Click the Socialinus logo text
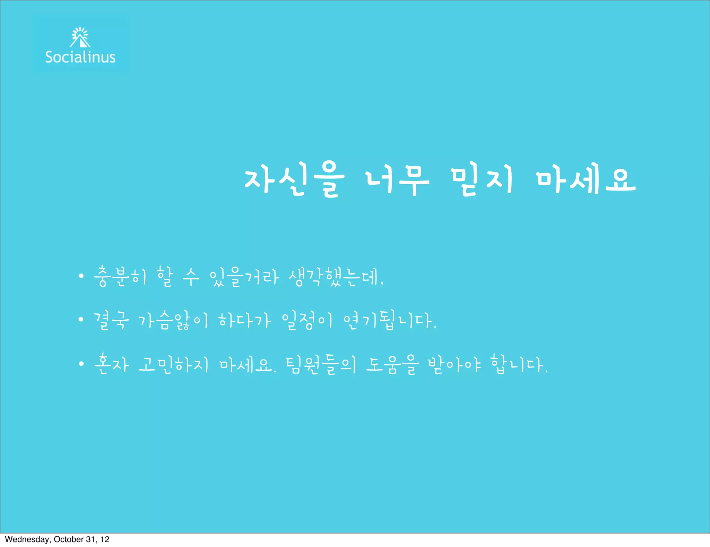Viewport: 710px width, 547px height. [x=80, y=57]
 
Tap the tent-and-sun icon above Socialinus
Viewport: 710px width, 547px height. [x=80, y=37]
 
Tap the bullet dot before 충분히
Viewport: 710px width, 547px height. [x=81, y=276]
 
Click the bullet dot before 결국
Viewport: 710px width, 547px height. [x=81, y=319]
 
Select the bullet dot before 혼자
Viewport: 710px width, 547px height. [x=81, y=364]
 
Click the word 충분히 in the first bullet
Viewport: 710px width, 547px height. [x=121, y=277]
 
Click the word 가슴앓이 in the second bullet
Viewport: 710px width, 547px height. [x=173, y=320]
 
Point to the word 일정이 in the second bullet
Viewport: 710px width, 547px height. [x=307, y=320]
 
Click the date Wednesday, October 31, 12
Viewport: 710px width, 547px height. [x=57, y=539]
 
